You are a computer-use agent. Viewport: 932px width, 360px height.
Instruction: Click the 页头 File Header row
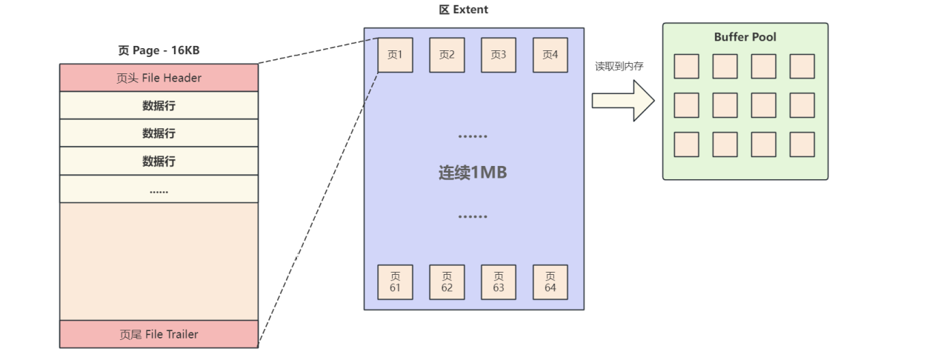click(159, 78)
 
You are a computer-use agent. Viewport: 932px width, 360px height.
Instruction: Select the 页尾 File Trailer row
click(159, 334)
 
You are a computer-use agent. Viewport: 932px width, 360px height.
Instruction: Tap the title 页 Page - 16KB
click(159, 50)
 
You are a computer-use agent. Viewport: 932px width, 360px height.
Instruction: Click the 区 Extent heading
click(464, 10)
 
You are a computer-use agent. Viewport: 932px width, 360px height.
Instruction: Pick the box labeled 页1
click(395, 55)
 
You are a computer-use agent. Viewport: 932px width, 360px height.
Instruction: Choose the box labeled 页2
click(447, 55)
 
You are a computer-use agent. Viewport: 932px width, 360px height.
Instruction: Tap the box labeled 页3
click(499, 55)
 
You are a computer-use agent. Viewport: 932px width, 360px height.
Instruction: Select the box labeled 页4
click(550, 55)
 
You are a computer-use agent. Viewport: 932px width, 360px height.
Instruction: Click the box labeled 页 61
click(395, 282)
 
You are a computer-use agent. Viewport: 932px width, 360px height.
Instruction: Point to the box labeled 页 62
click(447, 282)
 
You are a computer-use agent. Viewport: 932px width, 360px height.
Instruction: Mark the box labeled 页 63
click(499, 282)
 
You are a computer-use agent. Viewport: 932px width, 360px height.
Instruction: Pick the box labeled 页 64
click(550, 282)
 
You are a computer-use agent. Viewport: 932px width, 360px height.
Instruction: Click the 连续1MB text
click(473, 173)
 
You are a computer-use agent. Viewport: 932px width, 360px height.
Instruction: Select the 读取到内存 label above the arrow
click(619, 66)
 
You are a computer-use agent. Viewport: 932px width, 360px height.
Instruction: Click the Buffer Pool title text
click(745, 37)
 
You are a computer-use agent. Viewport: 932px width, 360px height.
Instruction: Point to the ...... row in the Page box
click(159, 189)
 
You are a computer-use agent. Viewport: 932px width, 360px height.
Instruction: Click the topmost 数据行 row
click(159, 106)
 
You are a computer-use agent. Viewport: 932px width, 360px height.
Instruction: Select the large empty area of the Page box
click(159, 261)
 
